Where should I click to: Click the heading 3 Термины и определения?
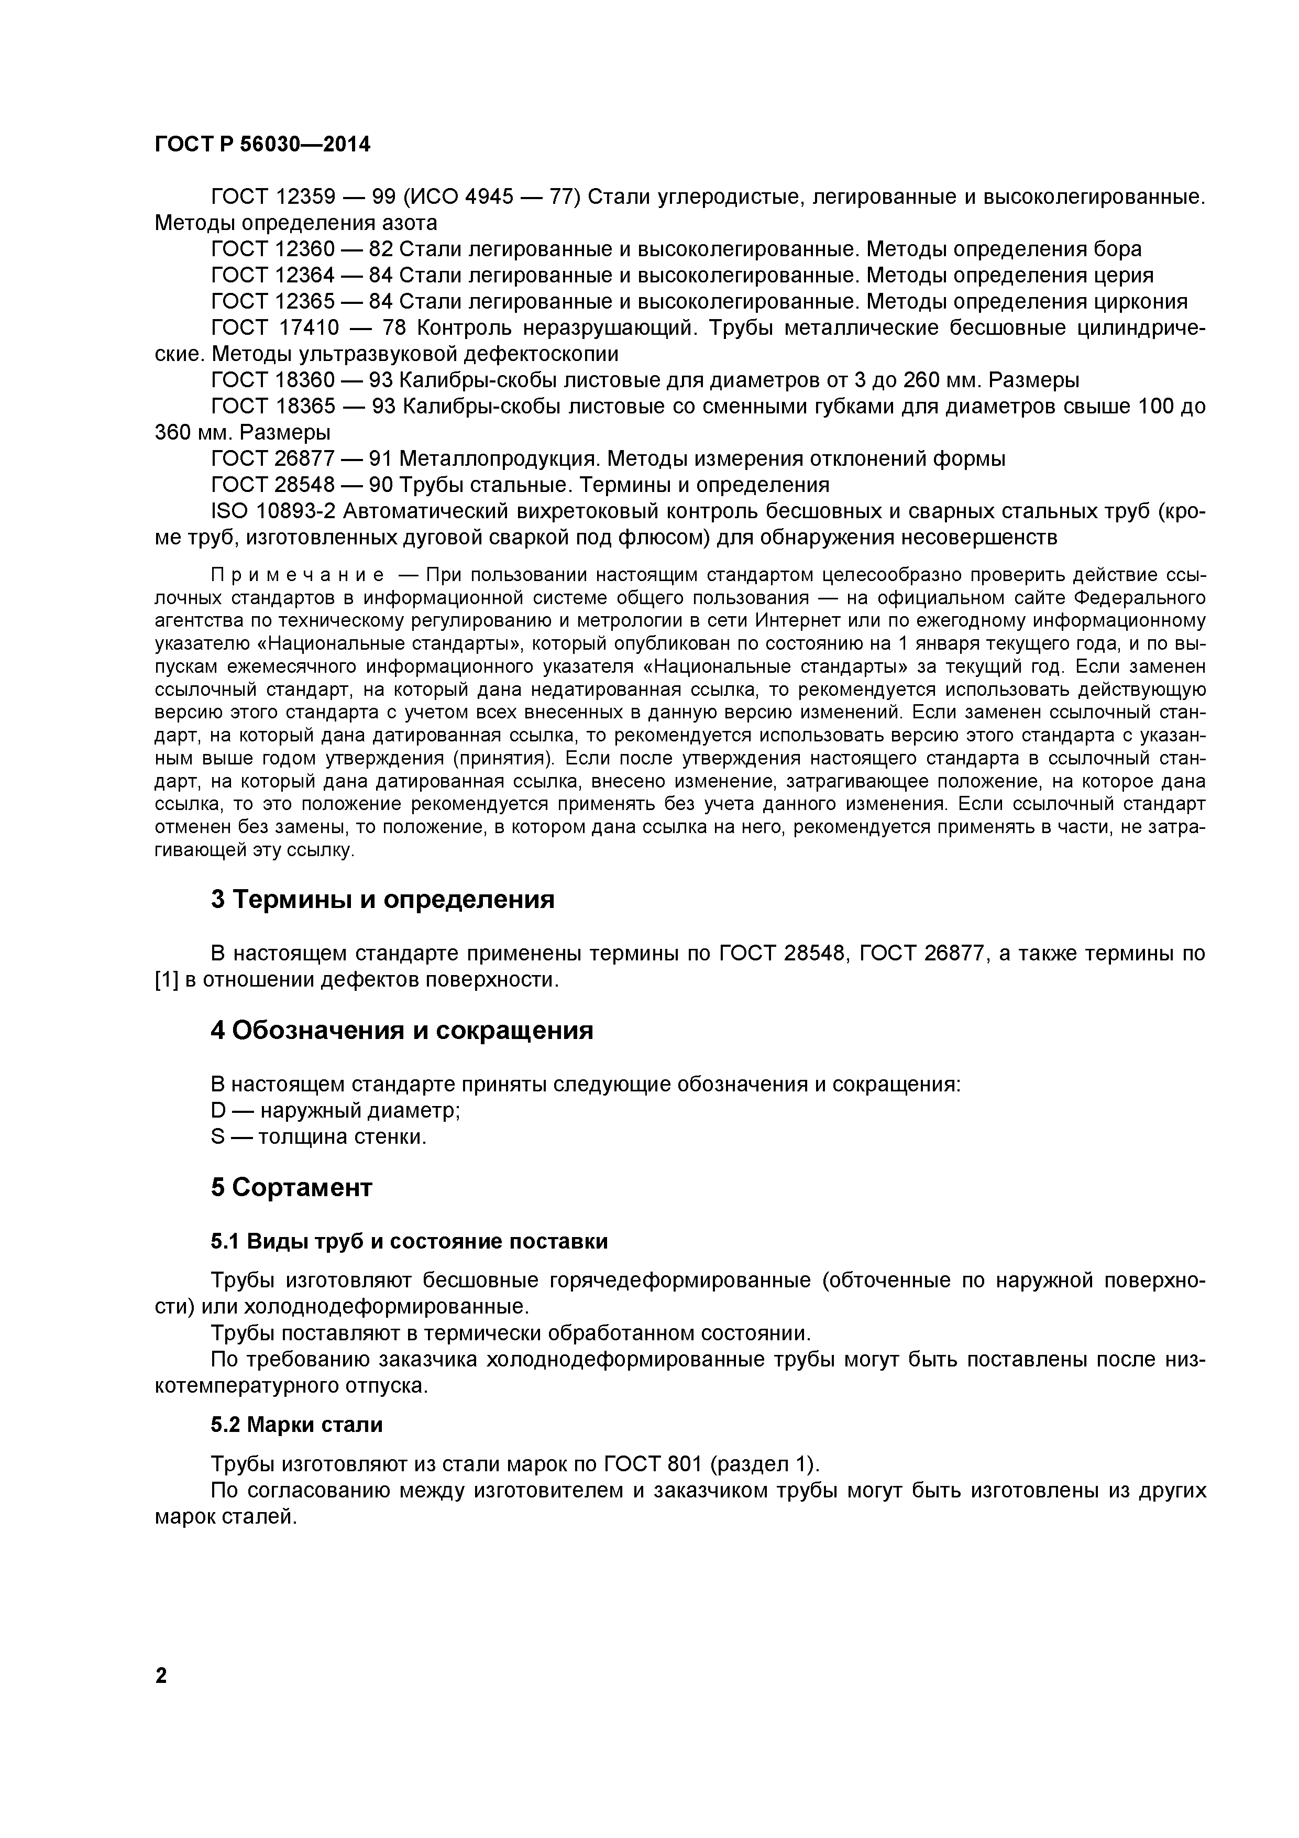point(382,900)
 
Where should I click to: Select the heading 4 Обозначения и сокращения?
point(402,1030)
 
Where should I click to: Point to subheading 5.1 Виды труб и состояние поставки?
point(409,1242)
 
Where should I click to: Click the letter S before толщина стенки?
point(218,1137)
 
